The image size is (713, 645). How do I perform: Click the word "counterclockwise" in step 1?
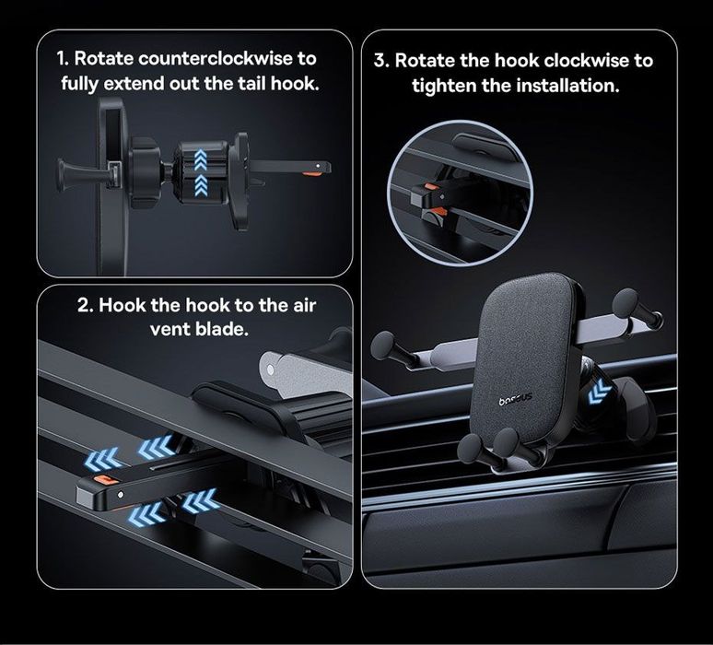click(216, 59)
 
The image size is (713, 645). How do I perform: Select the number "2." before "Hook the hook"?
click(86, 305)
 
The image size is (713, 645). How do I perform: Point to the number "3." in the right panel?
click(381, 61)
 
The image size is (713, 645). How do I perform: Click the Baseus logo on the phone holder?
click(515, 399)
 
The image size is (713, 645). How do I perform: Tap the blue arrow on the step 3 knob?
click(599, 392)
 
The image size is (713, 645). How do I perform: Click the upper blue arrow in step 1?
click(201, 159)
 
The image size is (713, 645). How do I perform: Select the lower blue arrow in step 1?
click(201, 185)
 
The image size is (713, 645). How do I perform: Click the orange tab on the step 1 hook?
click(311, 173)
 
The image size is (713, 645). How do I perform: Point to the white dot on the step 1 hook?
click(318, 166)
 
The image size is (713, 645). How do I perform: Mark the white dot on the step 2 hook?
click(121, 494)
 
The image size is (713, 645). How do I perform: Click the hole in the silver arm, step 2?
click(271, 369)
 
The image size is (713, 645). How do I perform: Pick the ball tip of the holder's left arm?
click(382, 345)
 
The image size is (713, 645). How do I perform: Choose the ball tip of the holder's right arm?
click(625, 301)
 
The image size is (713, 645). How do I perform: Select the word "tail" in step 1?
click(252, 84)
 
